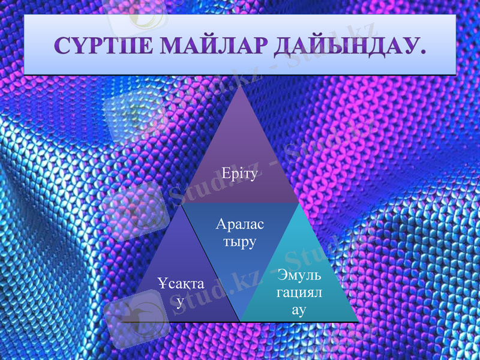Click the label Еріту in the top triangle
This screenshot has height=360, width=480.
click(239, 175)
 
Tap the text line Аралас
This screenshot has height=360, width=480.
click(239, 225)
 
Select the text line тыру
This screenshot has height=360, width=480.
click(239, 242)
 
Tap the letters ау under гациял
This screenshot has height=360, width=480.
click(299, 310)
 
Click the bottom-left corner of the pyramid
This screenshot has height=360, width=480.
click(124, 322)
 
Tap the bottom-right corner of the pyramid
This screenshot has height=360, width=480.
click(358, 322)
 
